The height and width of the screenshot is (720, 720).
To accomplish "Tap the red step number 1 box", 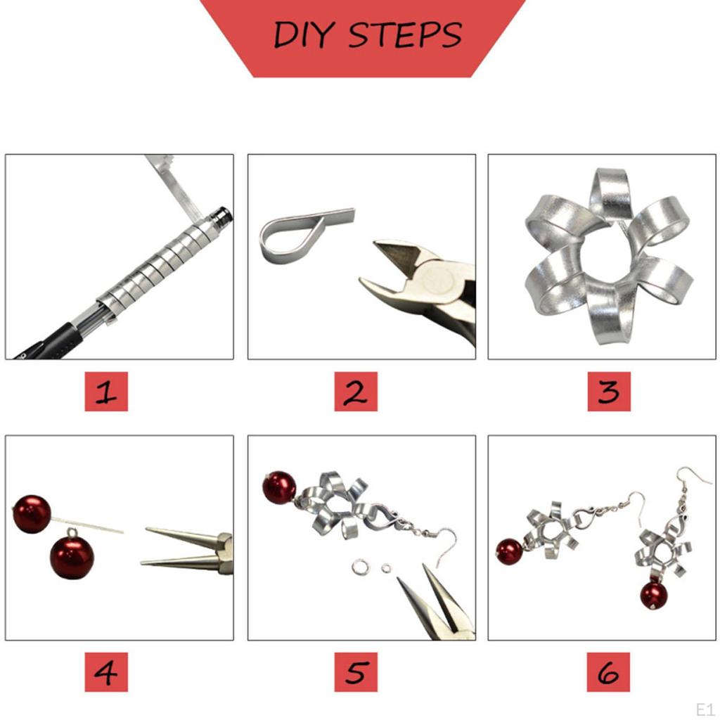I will (106, 392).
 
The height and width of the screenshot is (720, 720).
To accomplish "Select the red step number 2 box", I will (356, 392).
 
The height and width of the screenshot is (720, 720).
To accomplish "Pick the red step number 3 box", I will (609, 392).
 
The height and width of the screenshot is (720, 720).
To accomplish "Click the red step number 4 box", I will (106, 672).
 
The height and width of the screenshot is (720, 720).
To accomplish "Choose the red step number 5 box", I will (356, 672).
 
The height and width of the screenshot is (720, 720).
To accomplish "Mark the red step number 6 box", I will (609, 672).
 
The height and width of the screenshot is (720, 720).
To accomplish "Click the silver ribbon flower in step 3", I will (607, 257).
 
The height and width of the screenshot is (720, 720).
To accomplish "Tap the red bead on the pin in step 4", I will (32, 514).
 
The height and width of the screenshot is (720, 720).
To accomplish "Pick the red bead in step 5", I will (279, 488).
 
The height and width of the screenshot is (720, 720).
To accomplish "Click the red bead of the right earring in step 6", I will (653, 595).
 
